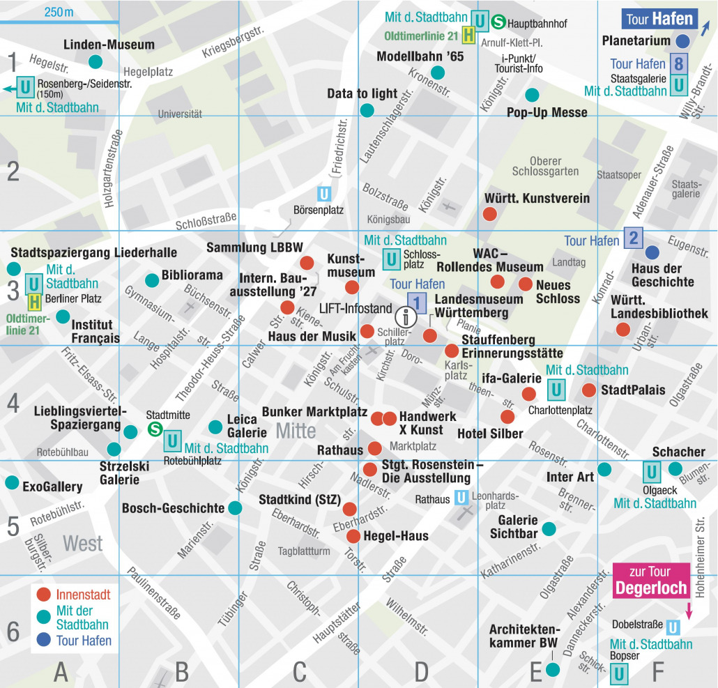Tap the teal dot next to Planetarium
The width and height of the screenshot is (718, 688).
coord(684,40)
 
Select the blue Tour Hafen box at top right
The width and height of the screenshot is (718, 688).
coord(659,19)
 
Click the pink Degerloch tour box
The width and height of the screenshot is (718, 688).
coord(651,581)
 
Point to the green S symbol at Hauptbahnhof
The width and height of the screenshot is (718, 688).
coord(498,22)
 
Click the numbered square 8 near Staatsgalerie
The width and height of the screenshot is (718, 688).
coord(679,65)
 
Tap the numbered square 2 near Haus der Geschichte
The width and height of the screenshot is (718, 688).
coord(633,238)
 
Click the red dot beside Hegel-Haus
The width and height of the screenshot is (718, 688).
coord(353,536)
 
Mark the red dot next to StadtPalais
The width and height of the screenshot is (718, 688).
coord(589,390)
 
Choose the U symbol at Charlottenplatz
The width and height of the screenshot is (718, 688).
coord(556,389)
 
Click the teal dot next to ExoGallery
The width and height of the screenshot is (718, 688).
coord(12,482)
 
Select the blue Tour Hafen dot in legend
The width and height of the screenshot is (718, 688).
coord(44,640)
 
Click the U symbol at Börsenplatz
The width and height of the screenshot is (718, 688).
coord(324,193)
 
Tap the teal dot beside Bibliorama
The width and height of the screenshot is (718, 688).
coord(151,280)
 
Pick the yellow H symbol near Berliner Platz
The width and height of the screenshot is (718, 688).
coord(33,302)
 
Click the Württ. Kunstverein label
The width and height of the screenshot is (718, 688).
coord(537,199)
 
